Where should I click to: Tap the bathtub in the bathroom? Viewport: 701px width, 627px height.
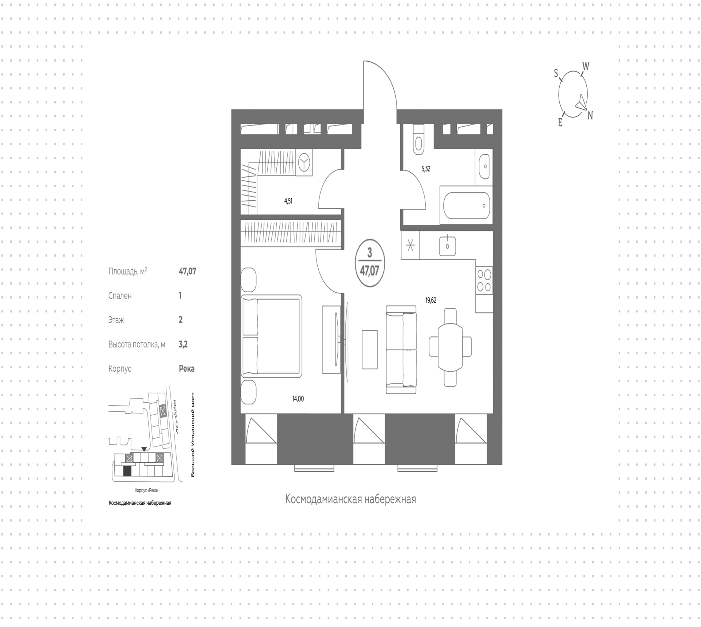[466, 205]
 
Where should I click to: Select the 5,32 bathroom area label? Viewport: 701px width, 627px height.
[426, 169]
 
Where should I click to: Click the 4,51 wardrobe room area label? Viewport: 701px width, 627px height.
[288, 201]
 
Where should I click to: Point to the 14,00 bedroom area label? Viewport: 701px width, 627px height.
[298, 399]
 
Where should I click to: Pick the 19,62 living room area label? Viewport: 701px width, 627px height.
[431, 301]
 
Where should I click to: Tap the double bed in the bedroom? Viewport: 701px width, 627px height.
[272, 336]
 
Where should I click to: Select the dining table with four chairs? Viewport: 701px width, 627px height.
[450, 347]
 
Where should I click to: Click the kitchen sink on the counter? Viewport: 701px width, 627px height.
[447, 246]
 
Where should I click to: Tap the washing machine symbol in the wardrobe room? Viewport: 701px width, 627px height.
[304, 162]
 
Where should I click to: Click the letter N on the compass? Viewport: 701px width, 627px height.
[590, 116]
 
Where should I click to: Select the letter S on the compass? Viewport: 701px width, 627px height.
[556, 73]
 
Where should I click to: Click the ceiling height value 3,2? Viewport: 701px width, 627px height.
[183, 344]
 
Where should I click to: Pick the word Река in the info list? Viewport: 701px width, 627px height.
[187, 369]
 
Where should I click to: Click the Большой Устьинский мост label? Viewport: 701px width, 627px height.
[193, 435]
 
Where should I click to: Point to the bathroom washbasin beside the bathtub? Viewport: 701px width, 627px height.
[484, 166]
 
